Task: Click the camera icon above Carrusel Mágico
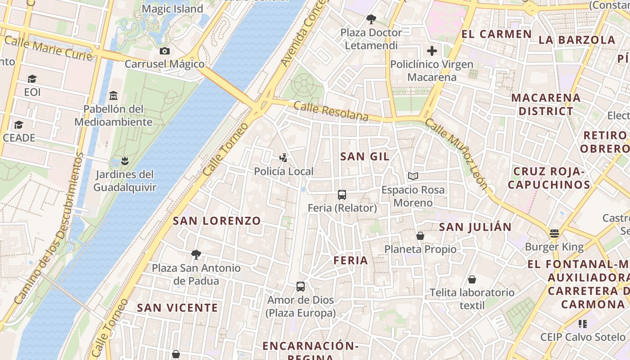click(165, 51)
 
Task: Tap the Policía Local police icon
click(283, 157)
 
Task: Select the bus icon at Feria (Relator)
click(342, 195)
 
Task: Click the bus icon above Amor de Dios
click(300, 287)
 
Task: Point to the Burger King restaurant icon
click(554, 233)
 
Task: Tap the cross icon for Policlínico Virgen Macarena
click(432, 51)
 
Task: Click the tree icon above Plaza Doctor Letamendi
click(371, 19)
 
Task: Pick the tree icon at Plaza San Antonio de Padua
click(196, 255)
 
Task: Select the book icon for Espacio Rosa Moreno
click(413, 176)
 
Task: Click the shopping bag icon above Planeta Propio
click(420, 236)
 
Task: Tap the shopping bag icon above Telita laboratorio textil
click(472, 279)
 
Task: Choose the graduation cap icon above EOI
click(32, 79)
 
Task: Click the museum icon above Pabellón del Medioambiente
click(113, 96)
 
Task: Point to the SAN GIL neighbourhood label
click(364, 157)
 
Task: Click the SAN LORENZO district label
click(217, 221)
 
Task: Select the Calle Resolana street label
click(331, 111)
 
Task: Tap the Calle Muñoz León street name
click(456, 153)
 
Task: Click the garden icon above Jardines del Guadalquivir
click(125, 161)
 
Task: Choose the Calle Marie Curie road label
click(49, 48)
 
